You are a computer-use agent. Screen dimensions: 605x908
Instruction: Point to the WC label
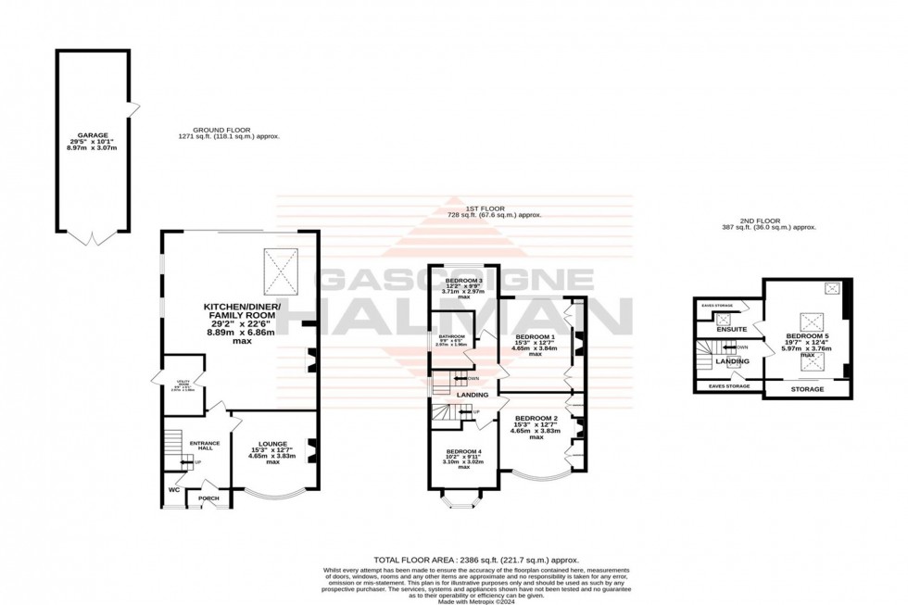click(173, 490)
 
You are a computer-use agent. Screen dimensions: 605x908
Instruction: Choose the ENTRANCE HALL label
click(204, 446)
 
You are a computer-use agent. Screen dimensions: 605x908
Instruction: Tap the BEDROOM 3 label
click(464, 281)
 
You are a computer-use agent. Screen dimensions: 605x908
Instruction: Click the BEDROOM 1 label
click(535, 336)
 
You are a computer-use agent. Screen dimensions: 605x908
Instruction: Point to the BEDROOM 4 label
click(464, 451)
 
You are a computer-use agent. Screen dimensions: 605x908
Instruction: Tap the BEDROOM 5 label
click(805, 336)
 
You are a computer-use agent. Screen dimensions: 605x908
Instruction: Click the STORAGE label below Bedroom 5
click(806, 389)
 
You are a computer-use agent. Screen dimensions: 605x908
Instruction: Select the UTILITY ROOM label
click(177, 383)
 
